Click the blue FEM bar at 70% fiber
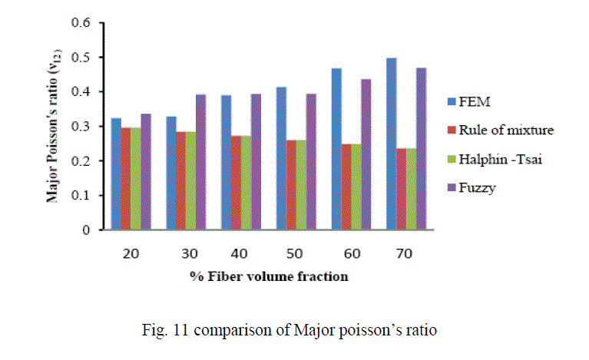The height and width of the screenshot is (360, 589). click(x=392, y=144)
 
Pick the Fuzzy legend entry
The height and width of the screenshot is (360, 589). click(x=485, y=187)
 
